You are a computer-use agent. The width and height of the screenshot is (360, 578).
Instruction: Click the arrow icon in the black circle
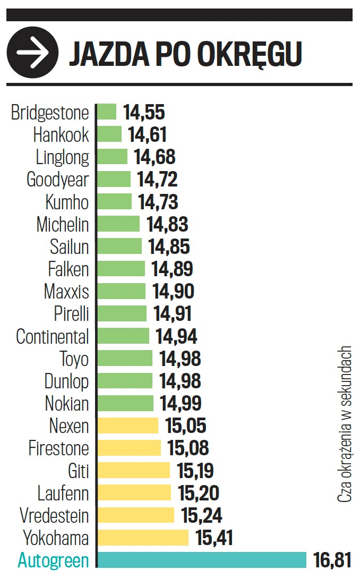[32, 53]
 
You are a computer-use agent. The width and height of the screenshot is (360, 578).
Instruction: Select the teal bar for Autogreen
[202, 560]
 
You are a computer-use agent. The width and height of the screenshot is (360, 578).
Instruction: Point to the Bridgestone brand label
[50, 113]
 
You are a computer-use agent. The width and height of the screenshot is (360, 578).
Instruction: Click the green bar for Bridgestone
[107, 112]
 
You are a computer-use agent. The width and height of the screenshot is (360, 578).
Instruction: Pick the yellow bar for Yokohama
[143, 538]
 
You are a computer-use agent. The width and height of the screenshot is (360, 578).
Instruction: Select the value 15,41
[215, 538]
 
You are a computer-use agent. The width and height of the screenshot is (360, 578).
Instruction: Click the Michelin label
[62, 224]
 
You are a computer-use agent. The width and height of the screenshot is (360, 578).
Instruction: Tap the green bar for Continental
[123, 336]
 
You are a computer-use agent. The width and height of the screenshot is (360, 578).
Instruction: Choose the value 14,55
[144, 113]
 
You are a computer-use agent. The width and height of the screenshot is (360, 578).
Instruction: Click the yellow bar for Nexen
[128, 426]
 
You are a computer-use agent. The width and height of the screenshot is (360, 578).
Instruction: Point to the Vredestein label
[54, 515]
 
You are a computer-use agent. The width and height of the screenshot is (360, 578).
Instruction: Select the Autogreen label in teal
[53, 560]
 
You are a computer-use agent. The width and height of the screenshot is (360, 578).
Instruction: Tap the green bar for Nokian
[125, 403]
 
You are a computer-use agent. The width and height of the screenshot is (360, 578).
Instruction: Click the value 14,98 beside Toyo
[179, 359]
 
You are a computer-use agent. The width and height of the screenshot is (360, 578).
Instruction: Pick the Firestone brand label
[58, 448]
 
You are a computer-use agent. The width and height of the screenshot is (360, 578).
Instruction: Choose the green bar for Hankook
[109, 134]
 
